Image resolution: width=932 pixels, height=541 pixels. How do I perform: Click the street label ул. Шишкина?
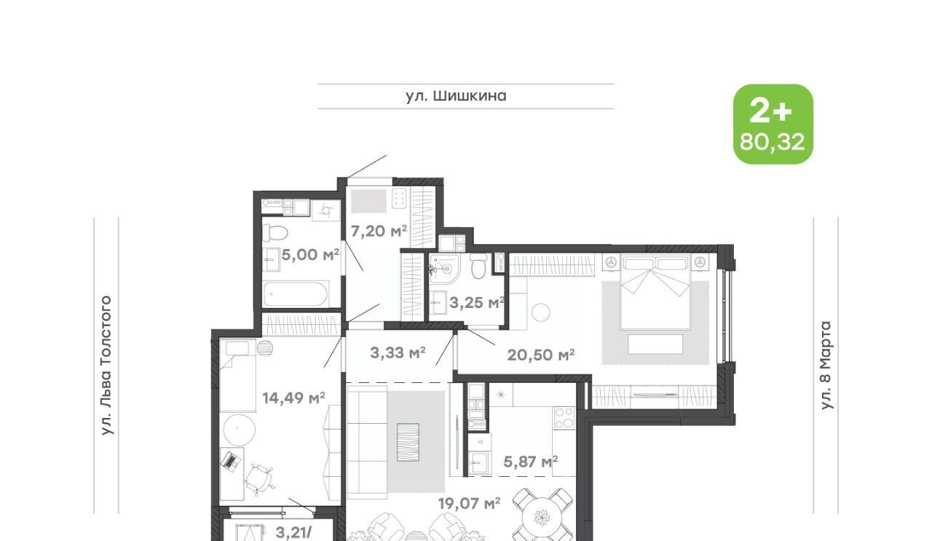(456, 96)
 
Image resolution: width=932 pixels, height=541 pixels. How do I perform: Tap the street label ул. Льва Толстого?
(106, 366)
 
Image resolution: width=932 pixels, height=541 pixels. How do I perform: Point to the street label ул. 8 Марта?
(826, 366)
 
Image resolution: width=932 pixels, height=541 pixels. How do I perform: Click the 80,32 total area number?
(773, 142)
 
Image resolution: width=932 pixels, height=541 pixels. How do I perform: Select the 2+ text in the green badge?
(770, 111)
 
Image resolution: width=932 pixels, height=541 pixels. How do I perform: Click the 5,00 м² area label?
(310, 254)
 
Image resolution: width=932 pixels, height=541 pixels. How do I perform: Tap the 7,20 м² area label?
(379, 231)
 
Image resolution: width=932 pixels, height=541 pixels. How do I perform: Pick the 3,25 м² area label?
(477, 303)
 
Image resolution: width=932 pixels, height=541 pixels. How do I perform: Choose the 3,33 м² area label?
(398, 353)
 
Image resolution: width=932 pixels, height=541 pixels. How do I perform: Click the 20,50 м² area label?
(541, 355)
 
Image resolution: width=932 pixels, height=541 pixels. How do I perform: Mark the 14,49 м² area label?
(293, 398)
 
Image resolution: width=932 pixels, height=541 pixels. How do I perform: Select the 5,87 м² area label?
(531, 462)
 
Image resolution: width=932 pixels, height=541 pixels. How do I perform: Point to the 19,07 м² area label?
(469, 504)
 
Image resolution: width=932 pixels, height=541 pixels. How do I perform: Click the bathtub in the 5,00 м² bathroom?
(296, 294)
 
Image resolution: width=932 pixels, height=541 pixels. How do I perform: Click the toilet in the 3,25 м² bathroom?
(478, 266)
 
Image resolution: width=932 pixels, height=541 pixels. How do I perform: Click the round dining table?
(542, 518)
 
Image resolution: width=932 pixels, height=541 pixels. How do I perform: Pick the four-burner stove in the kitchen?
(564, 418)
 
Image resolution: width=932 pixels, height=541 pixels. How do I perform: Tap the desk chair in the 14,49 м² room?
(258, 479)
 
